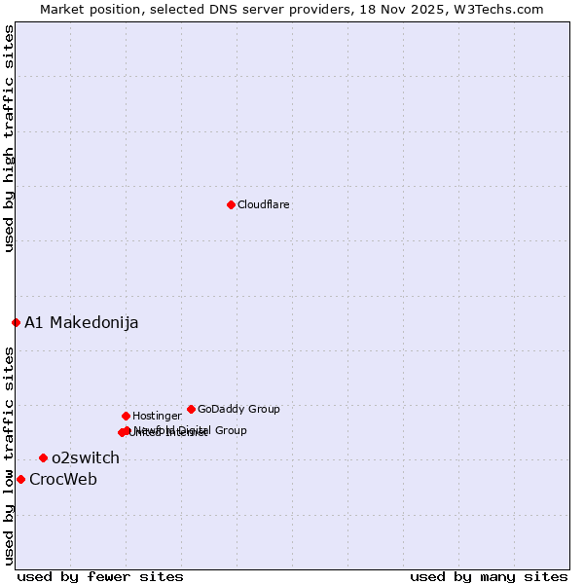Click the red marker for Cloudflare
click(x=231, y=204)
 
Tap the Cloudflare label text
click(x=263, y=205)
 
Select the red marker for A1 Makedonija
click(x=16, y=322)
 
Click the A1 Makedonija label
click(x=81, y=323)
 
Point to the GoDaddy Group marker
click(x=191, y=409)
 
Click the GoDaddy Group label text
click(x=238, y=410)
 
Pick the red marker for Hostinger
click(x=126, y=416)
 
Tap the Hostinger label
click(x=157, y=417)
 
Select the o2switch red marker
click(x=43, y=457)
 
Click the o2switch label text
click(x=86, y=458)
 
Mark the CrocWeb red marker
click(x=20, y=479)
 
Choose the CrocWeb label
click(x=63, y=480)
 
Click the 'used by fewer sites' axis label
click(x=100, y=577)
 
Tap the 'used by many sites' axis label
click(x=489, y=577)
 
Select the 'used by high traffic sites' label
click(x=9, y=138)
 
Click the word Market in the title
click(x=62, y=9)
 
